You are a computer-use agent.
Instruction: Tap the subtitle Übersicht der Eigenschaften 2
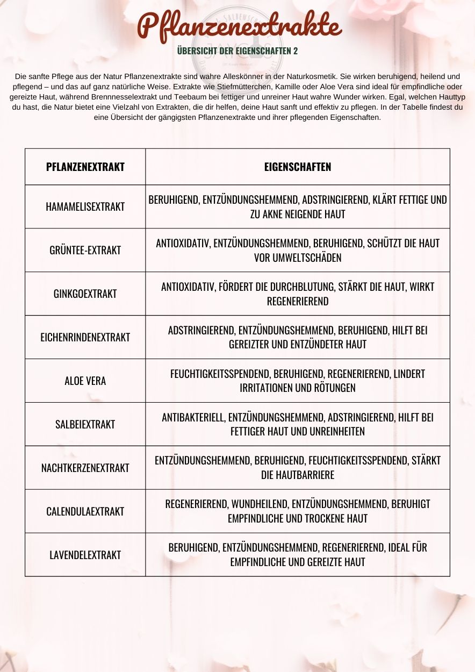(x=237, y=51)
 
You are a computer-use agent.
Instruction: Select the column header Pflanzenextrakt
(x=85, y=167)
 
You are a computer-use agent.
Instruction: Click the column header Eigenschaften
(x=298, y=167)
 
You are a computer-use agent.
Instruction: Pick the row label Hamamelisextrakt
(x=85, y=206)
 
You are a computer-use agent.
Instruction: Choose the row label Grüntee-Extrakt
(x=85, y=250)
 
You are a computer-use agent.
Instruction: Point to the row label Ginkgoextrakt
(x=85, y=294)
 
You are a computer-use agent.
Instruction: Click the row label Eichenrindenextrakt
(x=85, y=337)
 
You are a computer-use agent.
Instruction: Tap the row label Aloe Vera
(x=85, y=381)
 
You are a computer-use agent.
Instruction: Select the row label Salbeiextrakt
(x=85, y=424)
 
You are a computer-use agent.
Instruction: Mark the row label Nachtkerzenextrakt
(x=85, y=468)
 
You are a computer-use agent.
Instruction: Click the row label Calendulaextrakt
(x=85, y=511)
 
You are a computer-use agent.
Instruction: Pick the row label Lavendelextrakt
(x=85, y=555)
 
